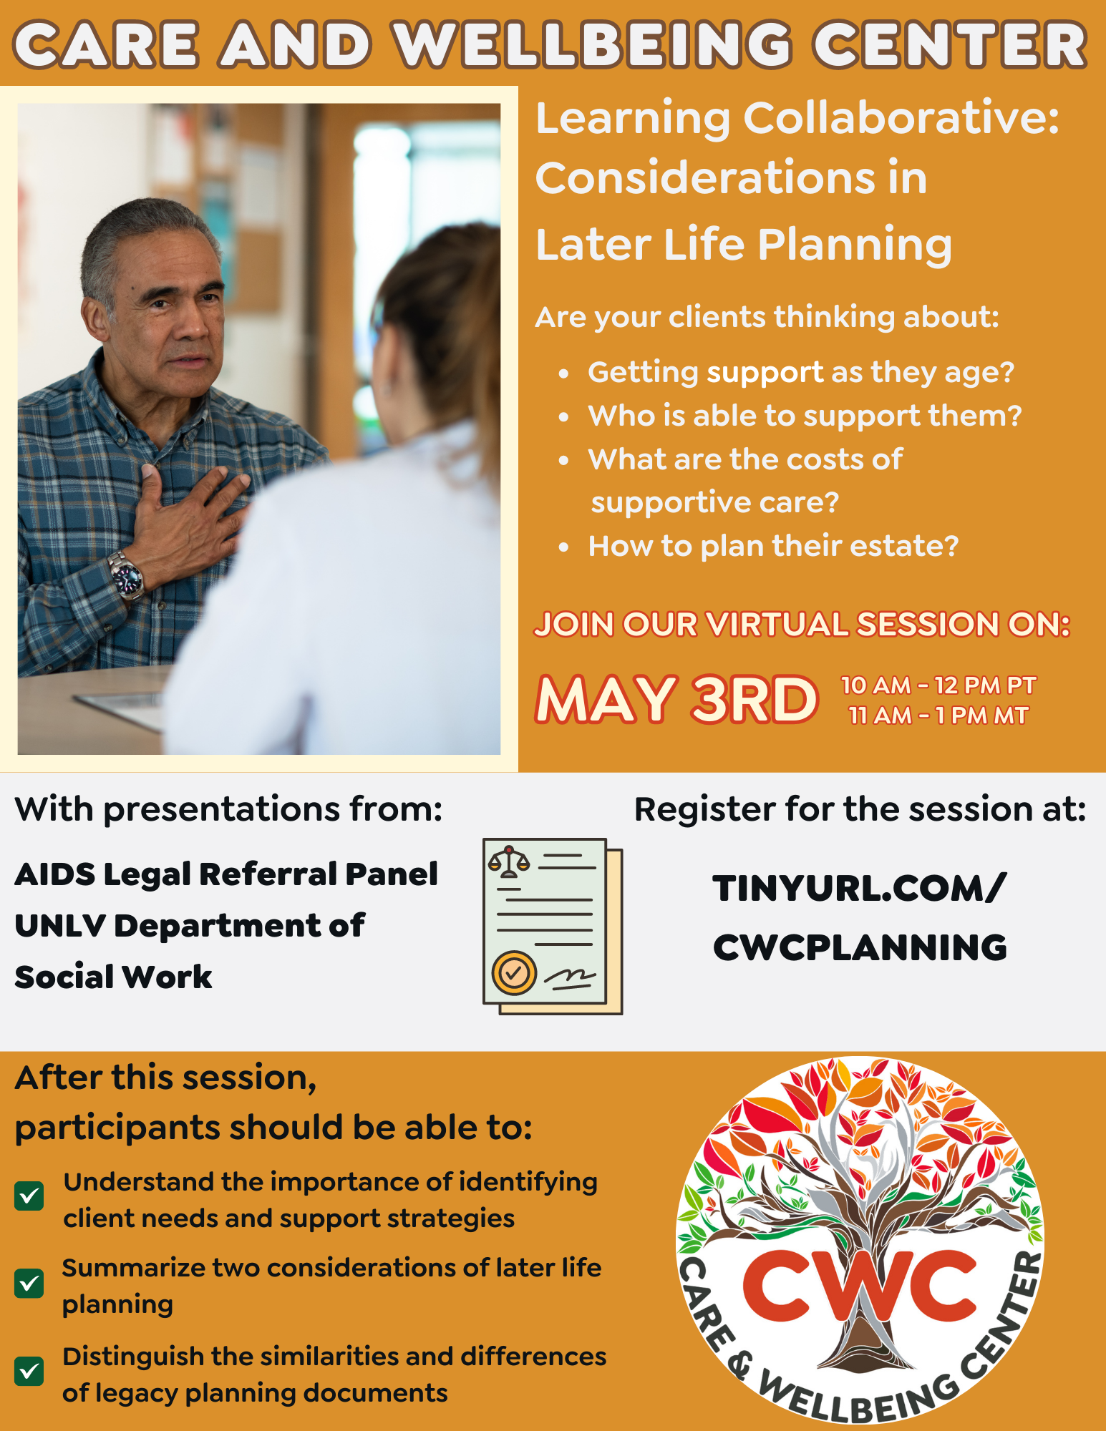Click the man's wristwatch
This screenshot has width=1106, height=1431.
tap(125, 575)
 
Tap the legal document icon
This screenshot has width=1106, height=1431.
tap(553, 927)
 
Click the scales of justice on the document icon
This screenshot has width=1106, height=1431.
tap(509, 861)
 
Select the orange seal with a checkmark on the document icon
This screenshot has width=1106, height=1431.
tap(514, 972)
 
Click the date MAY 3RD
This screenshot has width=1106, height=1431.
tap(676, 699)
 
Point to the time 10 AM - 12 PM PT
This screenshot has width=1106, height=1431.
tap(938, 685)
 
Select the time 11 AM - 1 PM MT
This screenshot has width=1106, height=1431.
tap(938, 715)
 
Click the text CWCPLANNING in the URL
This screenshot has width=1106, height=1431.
tap(860, 947)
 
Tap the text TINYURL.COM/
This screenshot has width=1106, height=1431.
tap(860, 889)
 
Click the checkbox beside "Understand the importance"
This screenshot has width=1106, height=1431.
tap(29, 1196)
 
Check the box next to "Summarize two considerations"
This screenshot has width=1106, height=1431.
tap(29, 1284)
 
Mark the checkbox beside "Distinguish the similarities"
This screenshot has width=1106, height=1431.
tap(29, 1372)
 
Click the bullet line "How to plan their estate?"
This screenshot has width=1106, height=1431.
tap(773, 546)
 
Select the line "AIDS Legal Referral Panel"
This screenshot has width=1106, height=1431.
tap(226, 874)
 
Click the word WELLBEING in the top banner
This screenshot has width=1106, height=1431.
tap(593, 44)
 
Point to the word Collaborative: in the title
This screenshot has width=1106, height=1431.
tap(901, 117)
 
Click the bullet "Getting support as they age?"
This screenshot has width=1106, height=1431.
tap(801, 373)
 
